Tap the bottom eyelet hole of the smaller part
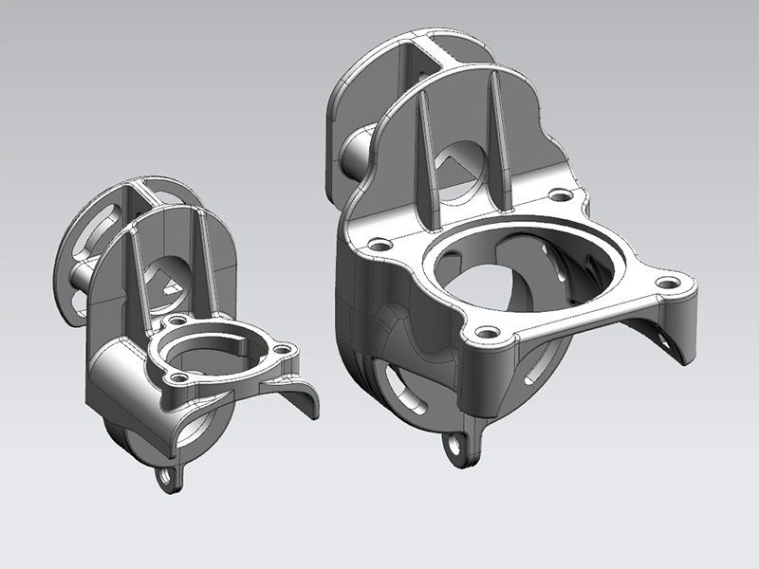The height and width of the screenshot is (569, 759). point(171,477)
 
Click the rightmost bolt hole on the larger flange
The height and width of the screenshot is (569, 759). point(673,283)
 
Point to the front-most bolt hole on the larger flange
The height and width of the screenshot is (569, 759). point(488,333)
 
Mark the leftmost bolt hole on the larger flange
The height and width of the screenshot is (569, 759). point(380,245)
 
